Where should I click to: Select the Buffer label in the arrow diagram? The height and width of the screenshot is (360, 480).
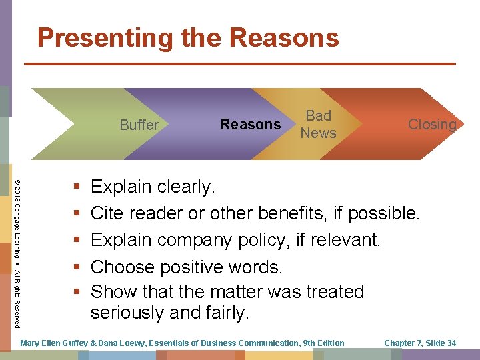139,125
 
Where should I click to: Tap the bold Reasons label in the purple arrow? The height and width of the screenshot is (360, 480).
251,125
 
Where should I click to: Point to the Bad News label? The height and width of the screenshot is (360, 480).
318,124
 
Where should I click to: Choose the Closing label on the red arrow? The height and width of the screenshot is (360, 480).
432,125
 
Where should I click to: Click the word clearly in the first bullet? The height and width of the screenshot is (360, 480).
187,187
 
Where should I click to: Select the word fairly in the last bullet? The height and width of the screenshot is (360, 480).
226,313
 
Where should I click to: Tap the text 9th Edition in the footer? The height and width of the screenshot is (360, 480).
323,343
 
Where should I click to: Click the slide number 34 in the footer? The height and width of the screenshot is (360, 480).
451,343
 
